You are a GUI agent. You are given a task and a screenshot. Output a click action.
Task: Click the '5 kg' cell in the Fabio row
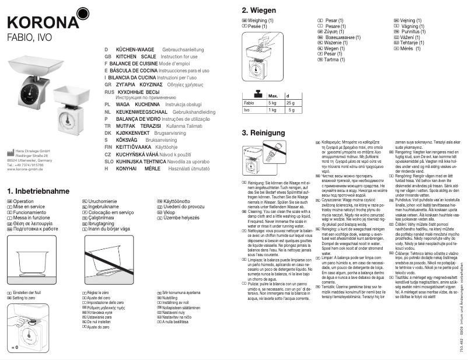pyautogui.click(x=272, y=103)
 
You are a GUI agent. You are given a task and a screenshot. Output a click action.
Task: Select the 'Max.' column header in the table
pyautogui.click(x=273, y=95)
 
